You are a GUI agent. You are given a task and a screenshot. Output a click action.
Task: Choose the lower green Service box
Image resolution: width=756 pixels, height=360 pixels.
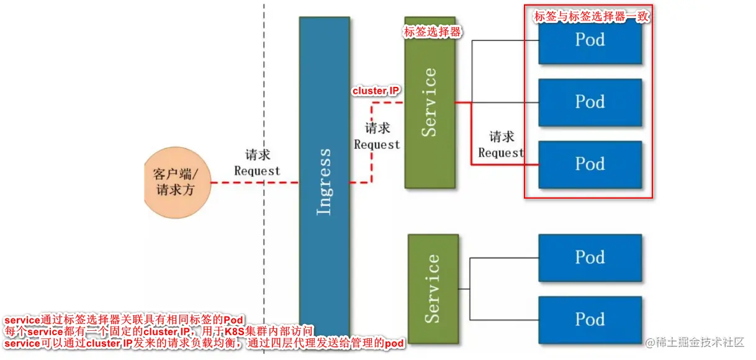pyautogui.click(x=433, y=289)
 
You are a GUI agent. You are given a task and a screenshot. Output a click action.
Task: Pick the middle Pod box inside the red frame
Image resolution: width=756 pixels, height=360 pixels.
pyautogui.click(x=590, y=102)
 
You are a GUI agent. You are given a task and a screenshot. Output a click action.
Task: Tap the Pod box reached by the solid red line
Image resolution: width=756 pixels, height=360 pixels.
pyautogui.click(x=590, y=164)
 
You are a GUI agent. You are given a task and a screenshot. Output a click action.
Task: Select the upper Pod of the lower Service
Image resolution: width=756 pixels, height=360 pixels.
pyautogui.click(x=590, y=258)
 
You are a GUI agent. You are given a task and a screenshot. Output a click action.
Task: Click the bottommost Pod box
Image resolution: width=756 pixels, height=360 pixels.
pyautogui.click(x=590, y=320)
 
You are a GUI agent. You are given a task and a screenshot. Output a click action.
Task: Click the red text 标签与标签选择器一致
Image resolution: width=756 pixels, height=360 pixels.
pyautogui.click(x=591, y=17)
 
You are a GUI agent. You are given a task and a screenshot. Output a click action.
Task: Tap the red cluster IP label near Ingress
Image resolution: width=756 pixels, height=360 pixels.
pyautogui.click(x=376, y=91)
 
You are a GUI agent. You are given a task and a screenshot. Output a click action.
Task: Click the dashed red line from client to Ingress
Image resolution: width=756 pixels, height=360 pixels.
pyautogui.click(x=248, y=183)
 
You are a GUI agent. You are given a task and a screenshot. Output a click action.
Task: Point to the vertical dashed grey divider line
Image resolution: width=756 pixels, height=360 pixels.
pyautogui.click(x=264, y=93)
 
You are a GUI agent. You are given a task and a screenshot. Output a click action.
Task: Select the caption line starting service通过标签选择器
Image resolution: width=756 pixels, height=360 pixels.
pyautogui.click(x=124, y=320)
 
